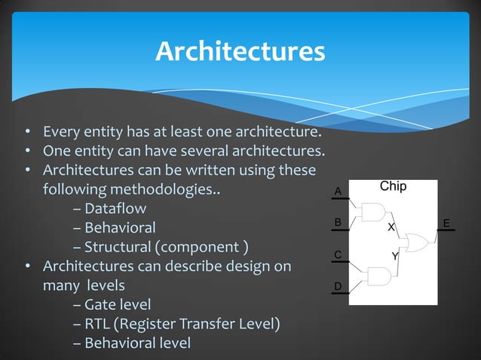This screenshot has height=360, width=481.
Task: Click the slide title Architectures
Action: (240, 52)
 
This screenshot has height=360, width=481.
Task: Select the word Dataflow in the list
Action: (115, 207)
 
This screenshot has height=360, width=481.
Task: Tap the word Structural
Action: (117, 246)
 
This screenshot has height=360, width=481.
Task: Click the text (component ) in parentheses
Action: (201, 246)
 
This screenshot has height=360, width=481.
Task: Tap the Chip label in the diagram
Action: (392, 186)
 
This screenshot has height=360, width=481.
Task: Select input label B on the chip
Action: (338, 222)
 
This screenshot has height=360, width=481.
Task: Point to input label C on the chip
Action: (338, 255)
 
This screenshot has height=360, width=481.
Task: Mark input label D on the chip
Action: (338, 287)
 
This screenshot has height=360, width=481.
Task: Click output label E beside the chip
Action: (446, 224)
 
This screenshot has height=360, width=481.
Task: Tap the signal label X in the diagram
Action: (391, 227)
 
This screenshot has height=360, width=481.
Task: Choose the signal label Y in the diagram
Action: (394, 258)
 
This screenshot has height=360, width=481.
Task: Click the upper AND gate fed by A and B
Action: (372, 213)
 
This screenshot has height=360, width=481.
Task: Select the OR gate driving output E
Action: (416, 243)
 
